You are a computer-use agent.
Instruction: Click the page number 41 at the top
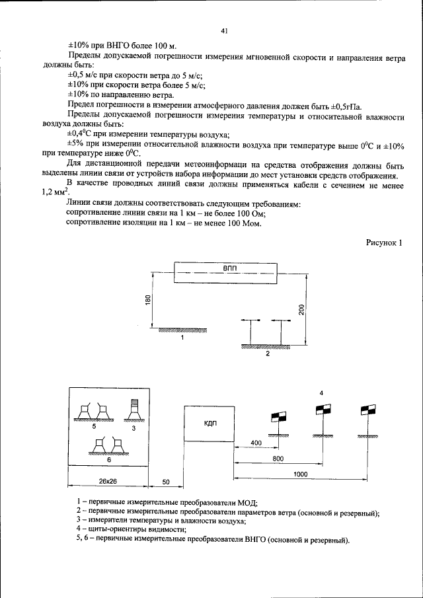[224, 30]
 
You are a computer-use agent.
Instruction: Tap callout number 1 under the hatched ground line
[182, 337]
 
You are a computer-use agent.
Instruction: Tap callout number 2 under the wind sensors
[268, 354]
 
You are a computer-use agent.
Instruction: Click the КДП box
[211, 423]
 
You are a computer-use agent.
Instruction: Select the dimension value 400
[256, 441]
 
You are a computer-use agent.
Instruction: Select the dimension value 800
[278, 457]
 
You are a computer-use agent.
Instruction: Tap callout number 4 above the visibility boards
[321, 393]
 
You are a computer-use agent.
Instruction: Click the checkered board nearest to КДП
[278, 417]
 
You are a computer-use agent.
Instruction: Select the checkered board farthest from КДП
[367, 410]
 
